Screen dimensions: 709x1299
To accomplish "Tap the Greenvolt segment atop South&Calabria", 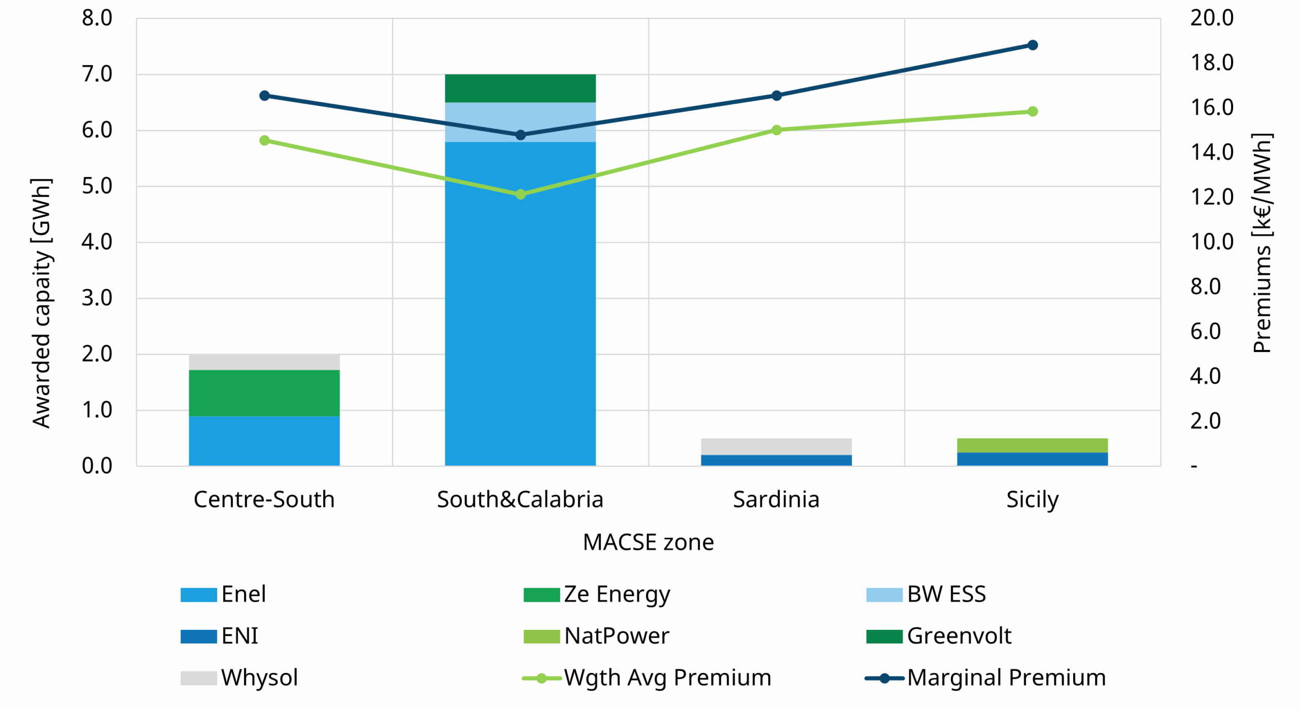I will point(520,88).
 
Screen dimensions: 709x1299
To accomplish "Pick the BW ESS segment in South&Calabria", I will point(520,122).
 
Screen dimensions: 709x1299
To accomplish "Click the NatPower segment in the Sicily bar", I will point(1032,445).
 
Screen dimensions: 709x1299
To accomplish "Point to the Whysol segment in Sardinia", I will point(776,446).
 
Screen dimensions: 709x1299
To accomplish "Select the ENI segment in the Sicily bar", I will point(1032,459).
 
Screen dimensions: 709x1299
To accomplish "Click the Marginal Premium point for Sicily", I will point(1032,45).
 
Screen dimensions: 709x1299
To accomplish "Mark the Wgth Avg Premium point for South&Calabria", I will point(520,194).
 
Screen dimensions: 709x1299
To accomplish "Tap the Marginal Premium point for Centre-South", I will point(264,95).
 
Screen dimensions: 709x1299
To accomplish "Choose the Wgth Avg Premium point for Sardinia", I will point(776,130).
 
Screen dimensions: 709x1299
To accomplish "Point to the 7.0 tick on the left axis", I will point(97,74).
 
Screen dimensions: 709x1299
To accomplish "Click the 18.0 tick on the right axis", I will point(1211,62).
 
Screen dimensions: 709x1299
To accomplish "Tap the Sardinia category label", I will point(776,499).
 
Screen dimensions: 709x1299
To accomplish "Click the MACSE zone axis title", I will point(648,542).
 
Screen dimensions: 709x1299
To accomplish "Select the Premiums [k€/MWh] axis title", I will point(1262,243).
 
